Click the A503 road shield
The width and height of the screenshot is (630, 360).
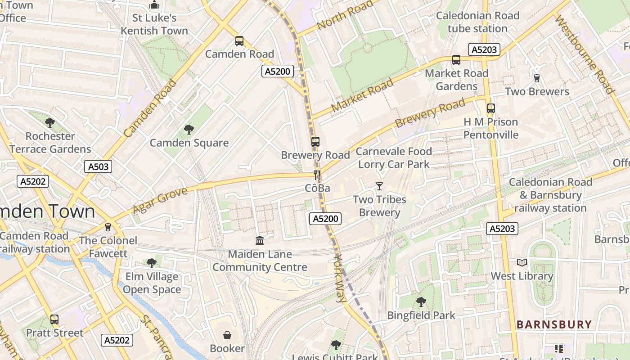98,167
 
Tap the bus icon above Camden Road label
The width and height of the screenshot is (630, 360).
239,41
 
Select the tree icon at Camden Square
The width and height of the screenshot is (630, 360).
189,130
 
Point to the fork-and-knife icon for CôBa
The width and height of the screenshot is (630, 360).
318,175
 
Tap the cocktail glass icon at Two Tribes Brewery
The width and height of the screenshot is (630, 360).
379,186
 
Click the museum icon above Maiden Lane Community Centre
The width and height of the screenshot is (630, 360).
260,241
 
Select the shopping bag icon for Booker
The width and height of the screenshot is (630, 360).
227,335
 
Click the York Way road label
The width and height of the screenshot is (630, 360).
341,278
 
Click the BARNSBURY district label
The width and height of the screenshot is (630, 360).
554,324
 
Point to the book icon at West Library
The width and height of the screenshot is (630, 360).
522,263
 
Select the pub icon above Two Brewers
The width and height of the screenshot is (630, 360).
536,78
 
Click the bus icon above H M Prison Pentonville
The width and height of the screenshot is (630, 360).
490,108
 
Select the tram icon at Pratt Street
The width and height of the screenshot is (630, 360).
54,319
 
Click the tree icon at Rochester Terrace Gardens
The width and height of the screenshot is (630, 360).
50,122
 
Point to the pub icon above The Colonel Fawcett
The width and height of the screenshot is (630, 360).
108,227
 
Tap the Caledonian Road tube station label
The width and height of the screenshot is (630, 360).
477,22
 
